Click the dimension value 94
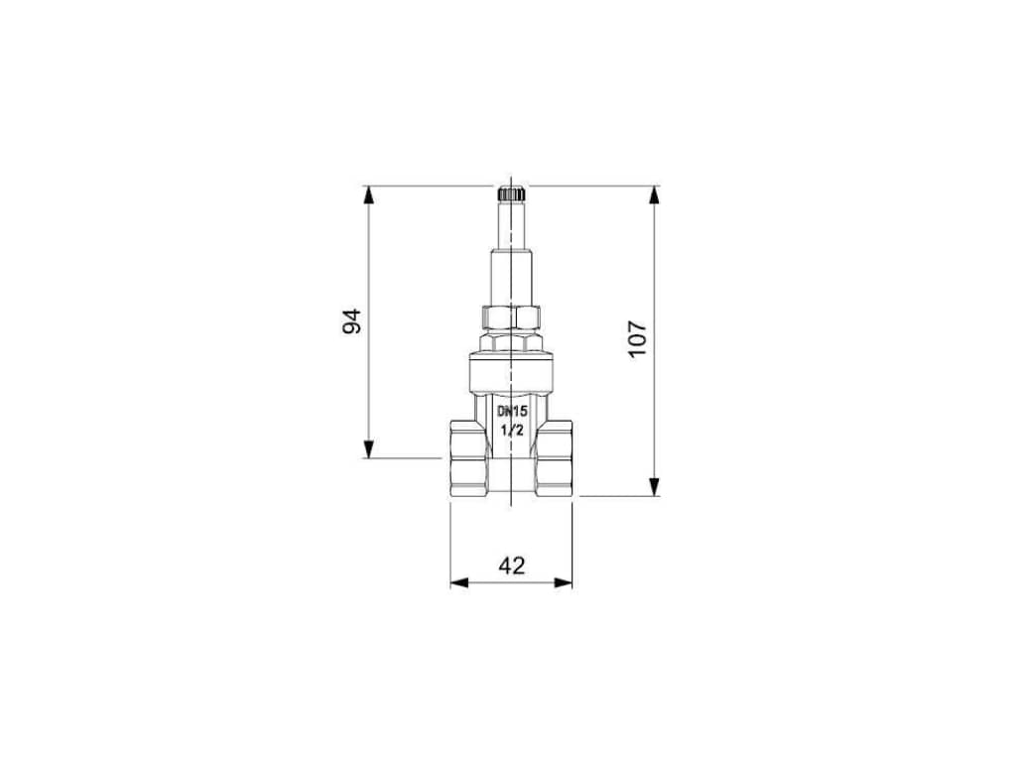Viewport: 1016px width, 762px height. pos(352,321)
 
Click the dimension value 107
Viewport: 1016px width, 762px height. pos(638,338)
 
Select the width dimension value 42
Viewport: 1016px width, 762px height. pos(512,566)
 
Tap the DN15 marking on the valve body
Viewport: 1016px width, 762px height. pos(513,411)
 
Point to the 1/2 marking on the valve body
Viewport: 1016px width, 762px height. pos(512,429)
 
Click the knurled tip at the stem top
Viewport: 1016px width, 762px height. pos(511,193)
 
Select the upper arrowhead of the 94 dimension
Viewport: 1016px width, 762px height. pos(369,195)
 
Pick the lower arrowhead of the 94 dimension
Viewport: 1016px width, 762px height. pos(369,449)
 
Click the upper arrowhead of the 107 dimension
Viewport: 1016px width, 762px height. pos(655,195)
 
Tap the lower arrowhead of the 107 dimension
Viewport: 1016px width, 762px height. pos(655,486)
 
